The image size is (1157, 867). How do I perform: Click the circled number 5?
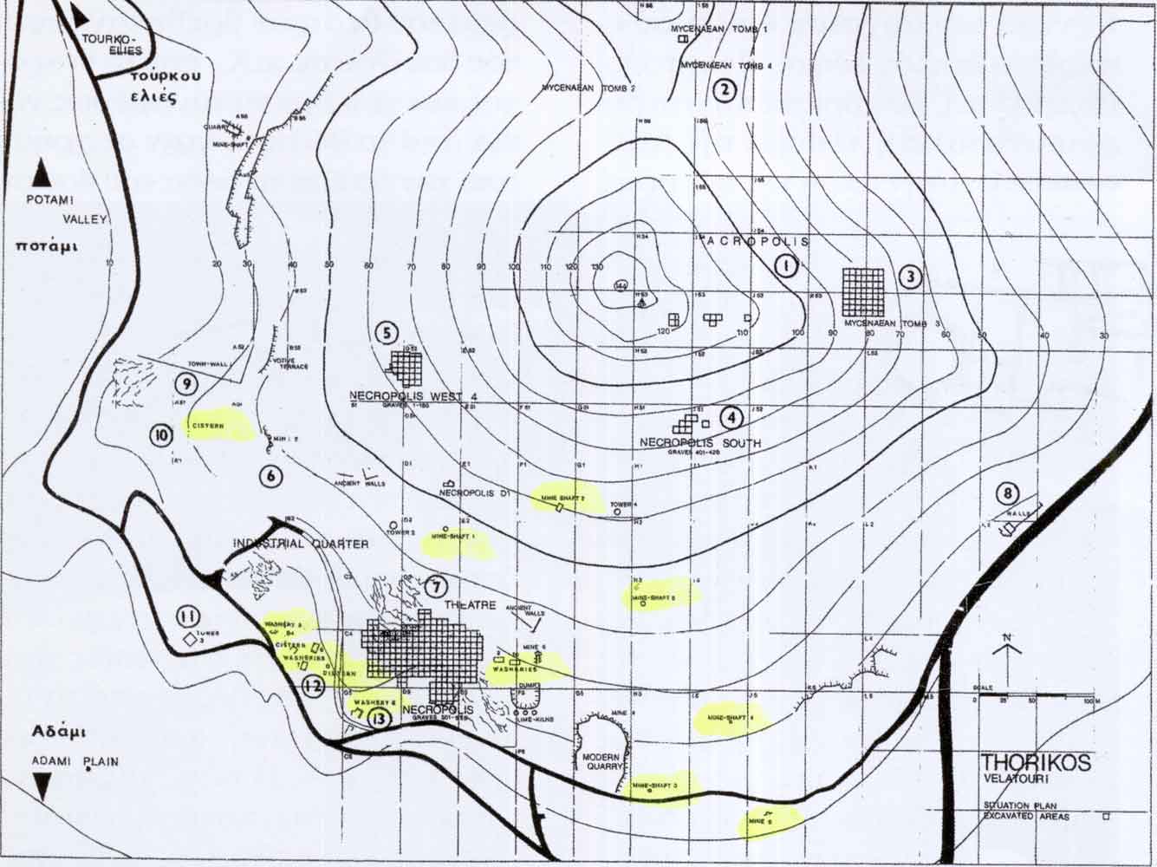(x=387, y=332)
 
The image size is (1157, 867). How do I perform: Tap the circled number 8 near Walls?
(x=1006, y=493)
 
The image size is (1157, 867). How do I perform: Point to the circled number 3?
(x=909, y=277)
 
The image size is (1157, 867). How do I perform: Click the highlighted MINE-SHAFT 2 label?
(x=562, y=499)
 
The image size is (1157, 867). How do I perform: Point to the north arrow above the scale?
(x=1008, y=645)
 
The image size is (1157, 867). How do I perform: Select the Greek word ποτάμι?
(x=46, y=245)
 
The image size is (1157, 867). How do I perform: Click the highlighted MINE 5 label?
(x=759, y=819)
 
